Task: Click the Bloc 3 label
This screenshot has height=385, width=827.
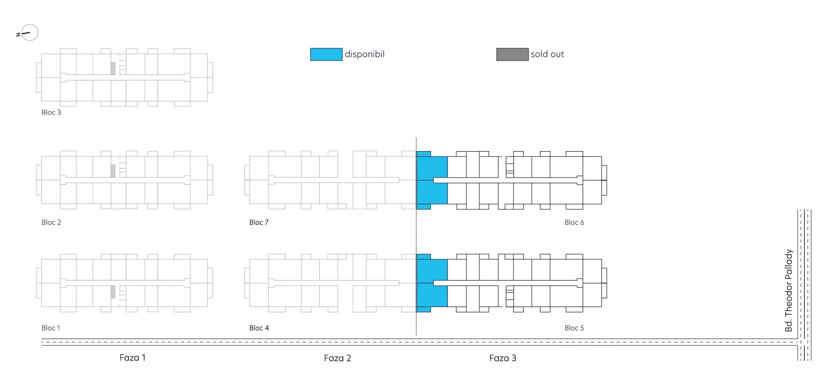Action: (51, 112)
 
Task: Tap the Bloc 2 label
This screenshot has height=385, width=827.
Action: (51, 222)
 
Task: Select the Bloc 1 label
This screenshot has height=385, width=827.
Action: (50, 328)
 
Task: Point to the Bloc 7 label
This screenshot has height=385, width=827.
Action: (259, 222)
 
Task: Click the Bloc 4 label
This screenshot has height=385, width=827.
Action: (259, 328)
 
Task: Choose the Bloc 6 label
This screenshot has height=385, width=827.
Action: (574, 222)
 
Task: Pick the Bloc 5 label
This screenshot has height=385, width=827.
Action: (574, 328)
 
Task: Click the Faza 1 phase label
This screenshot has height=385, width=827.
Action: (132, 358)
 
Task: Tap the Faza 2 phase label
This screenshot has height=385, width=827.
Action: (338, 358)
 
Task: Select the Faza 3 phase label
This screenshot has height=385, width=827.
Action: (502, 358)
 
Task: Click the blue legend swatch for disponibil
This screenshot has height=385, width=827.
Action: (326, 54)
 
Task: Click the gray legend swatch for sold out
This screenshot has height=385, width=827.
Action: (512, 54)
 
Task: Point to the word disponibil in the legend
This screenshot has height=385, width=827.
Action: (364, 54)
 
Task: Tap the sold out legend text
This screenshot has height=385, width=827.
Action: (547, 54)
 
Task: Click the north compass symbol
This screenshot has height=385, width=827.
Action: (27, 33)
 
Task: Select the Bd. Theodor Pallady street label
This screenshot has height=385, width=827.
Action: (789, 290)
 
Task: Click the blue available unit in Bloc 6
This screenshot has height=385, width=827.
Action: (432, 180)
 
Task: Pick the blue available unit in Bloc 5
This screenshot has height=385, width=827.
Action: (432, 283)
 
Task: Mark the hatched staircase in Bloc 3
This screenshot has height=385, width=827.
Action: (113, 68)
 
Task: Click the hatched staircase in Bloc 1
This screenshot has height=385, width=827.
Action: (113, 292)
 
